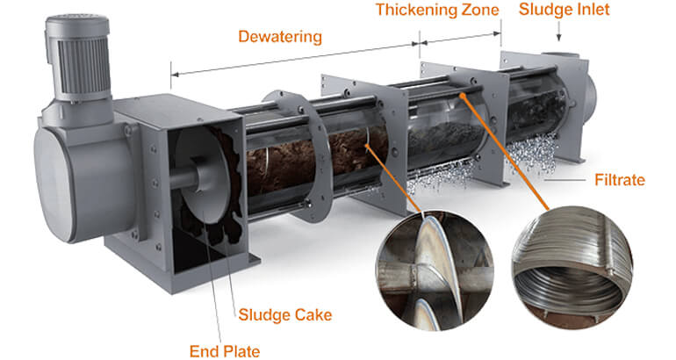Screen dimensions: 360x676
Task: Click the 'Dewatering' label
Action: click(x=280, y=37)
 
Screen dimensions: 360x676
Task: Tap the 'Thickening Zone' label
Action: click(x=436, y=11)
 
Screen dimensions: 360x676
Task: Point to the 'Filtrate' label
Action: click(x=618, y=180)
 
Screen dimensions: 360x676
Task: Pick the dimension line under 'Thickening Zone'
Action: click(x=460, y=39)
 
